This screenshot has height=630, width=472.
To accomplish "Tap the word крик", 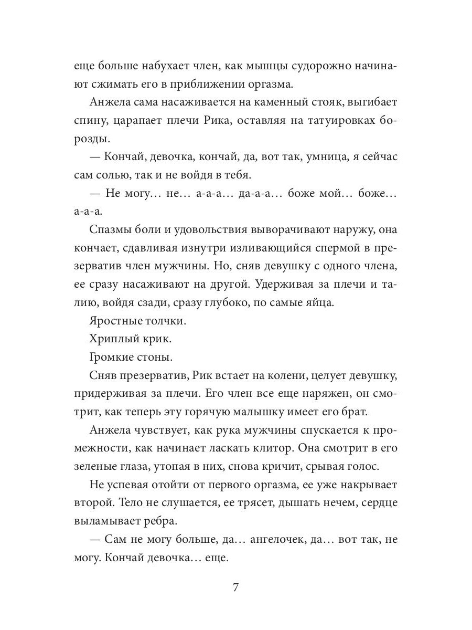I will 157,339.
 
